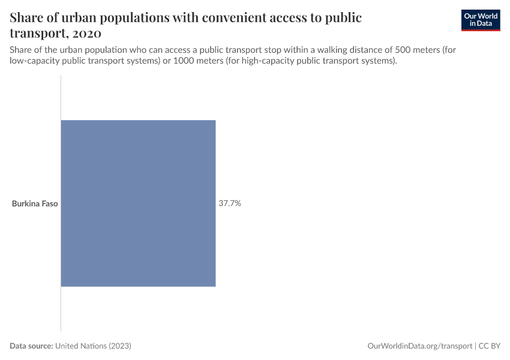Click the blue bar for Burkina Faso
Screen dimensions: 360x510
point(138,203)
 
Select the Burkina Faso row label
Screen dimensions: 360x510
point(35,203)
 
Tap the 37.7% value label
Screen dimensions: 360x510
point(230,203)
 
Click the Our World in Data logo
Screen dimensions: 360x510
point(481,20)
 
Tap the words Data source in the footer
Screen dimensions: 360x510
point(31,346)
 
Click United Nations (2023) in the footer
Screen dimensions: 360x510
point(93,346)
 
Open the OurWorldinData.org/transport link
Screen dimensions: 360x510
point(419,346)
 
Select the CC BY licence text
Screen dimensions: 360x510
point(490,346)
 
